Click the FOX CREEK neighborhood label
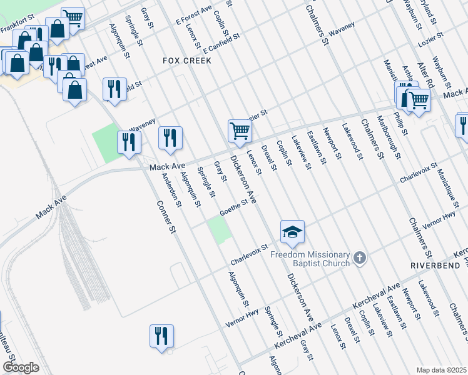click(186, 61)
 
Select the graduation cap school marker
click(292, 234)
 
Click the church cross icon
click(359, 257)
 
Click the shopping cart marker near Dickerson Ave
click(240, 132)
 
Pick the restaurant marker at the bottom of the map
click(161, 336)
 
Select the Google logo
click(21, 367)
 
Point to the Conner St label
click(165, 218)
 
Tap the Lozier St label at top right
click(432, 39)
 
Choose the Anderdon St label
click(171, 189)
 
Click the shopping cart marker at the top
click(74, 17)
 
